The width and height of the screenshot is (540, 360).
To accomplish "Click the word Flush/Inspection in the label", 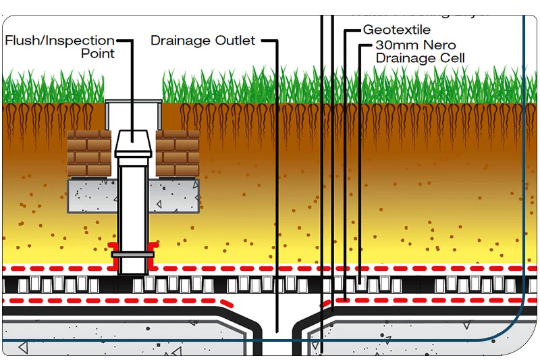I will pos(59,41).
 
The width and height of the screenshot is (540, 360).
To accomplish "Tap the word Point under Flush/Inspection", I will pos(98,53).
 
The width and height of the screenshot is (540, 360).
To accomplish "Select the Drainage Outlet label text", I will pos(202,41).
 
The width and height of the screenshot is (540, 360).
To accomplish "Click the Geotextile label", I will pos(396,30).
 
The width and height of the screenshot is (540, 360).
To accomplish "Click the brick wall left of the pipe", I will pos(89,153).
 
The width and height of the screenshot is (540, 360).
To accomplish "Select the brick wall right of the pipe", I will pos(178,153).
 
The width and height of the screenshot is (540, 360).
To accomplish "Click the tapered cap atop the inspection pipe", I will pos(134,143).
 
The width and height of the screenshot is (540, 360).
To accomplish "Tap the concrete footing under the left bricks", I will pos(92,195).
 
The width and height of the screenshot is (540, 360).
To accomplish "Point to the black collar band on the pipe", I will pos(134,255).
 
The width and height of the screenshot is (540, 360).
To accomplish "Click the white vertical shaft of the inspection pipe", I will pos(134,203).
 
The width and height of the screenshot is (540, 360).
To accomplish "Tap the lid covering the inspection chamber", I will pos(134,101).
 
